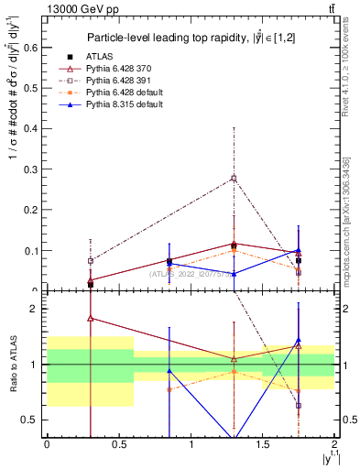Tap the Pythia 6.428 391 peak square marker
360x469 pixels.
coord(234,178)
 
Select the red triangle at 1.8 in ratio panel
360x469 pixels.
coord(90,319)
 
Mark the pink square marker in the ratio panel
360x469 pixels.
coord(299,405)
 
